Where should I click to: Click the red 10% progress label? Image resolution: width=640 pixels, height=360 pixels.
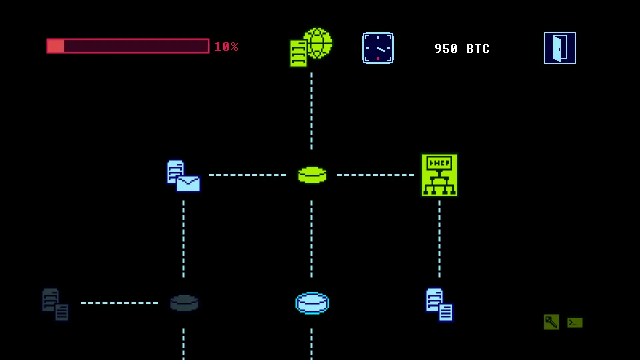[x=226, y=47]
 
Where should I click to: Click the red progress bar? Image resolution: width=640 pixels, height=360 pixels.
[x=128, y=46]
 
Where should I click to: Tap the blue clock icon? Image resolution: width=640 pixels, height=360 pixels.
[x=378, y=48]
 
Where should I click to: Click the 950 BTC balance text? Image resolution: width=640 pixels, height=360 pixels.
[x=462, y=49]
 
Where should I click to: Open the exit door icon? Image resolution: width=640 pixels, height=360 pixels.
[x=560, y=48]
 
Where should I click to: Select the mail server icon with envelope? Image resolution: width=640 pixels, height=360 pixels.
[x=183, y=176]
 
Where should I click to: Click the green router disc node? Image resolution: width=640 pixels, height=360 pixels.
[x=312, y=175]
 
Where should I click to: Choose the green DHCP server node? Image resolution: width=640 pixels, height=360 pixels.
[x=439, y=175]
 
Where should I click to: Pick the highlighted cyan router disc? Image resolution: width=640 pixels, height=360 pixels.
[x=312, y=303]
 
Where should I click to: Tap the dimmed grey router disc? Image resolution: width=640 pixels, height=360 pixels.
[x=184, y=303]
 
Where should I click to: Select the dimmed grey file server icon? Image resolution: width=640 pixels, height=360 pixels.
[x=55, y=304]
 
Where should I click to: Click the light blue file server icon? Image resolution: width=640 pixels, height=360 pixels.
[x=439, y=305]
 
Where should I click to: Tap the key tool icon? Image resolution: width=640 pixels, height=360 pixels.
[x=551, y=322]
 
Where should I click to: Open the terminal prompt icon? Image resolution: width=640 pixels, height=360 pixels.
[x=575, y=323]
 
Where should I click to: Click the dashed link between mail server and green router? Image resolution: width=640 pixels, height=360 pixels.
[x=247, y=175]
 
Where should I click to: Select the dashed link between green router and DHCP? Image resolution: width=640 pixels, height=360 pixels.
[x=375, y=175]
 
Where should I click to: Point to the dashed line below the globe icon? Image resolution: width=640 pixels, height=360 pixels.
[x=311, y=111]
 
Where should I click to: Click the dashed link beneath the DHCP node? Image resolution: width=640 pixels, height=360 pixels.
[x=439, y=239]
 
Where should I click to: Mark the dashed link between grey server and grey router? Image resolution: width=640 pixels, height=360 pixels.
[x=119, y=303]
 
